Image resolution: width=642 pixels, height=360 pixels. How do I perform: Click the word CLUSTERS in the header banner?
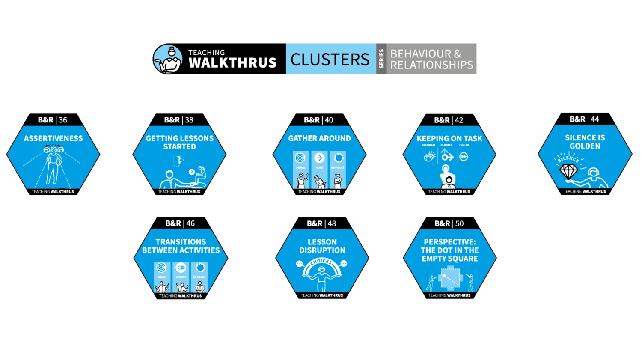(330, 59)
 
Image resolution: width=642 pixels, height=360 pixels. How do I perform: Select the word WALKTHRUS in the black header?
(232, 63)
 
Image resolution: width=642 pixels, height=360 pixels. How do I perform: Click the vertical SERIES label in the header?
(381, 59)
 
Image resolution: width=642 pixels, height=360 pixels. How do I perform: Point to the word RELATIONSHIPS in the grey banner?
(431, 65)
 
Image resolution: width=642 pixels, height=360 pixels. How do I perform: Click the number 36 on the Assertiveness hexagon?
(63, 120)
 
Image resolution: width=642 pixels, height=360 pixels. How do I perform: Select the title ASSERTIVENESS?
(53, 138)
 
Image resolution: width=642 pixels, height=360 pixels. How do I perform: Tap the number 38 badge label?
(189, 120)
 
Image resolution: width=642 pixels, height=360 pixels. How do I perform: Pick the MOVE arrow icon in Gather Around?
(319, 158)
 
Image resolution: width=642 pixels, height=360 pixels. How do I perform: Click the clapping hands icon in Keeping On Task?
(429, 156)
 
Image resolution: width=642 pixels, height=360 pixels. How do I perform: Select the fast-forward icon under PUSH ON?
(464, 157)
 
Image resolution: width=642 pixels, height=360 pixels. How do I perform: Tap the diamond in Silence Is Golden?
(569, 172)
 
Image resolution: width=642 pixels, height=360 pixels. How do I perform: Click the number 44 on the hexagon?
(595, 119)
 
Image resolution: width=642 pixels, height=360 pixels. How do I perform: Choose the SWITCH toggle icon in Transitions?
(181, 268)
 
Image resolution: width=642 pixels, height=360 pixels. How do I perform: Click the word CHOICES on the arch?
(321, 262)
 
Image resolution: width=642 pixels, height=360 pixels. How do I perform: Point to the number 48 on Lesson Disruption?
(332, 223)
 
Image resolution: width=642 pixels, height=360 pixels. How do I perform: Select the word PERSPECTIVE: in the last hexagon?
(449, 242)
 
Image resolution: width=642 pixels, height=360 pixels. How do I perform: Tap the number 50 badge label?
(460, 223)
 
